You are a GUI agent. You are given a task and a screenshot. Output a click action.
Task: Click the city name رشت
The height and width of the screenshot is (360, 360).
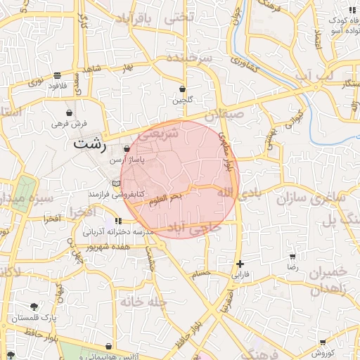(x=90, y=145)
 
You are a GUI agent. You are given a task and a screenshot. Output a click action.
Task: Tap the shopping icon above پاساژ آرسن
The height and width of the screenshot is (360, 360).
(x=127, y=149)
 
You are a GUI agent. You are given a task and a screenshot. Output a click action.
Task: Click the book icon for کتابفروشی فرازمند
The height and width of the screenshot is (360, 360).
(x=117, y=184)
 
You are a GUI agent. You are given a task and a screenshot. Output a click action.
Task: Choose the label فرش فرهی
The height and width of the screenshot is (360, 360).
(x=69, y=123)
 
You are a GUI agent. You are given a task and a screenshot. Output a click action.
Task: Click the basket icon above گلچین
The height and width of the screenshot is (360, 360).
(x=183, y=89)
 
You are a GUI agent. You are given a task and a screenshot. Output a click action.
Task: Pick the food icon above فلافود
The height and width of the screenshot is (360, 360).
(x=57, y=75)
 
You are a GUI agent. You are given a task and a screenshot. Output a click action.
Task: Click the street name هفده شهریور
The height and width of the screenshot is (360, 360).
(x=109, y=247)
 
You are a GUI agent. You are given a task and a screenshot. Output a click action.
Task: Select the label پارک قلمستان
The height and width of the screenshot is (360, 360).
(x=33, y=318)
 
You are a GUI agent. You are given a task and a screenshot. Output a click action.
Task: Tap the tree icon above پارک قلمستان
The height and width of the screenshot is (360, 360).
(x=34, y=307)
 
